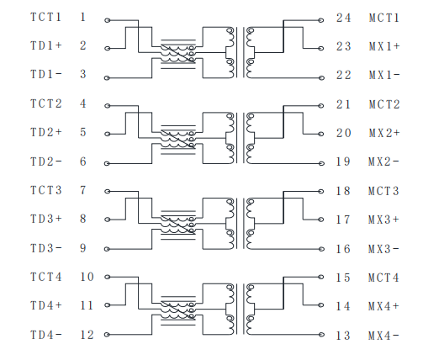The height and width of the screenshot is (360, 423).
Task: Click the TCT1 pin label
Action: click(x=45, y=17)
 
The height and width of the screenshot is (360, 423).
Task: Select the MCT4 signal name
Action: click(x=383, y=278)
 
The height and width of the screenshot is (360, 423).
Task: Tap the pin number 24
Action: click(x=343, y=18)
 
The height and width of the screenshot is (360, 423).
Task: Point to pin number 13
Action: click(x=343, y=336)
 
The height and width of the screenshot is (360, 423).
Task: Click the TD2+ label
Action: click(x=46, y=132)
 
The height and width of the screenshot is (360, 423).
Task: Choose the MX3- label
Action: click(x=383, y=249)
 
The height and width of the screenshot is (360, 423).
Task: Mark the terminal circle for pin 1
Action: click(x=108, y=20)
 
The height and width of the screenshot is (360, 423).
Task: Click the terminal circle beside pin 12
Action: click(x=107, y=335)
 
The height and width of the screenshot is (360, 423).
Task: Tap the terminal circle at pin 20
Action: click(x=321, y=134)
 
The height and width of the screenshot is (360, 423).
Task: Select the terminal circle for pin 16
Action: click(x=321, y=249)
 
